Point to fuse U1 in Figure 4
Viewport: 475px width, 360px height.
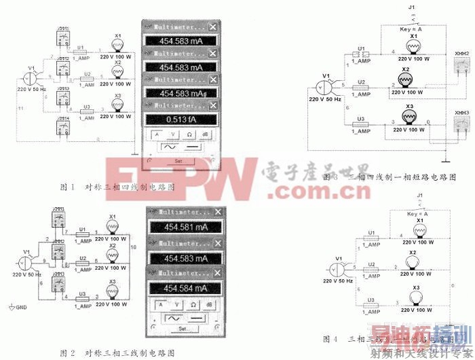click(370, 237)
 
